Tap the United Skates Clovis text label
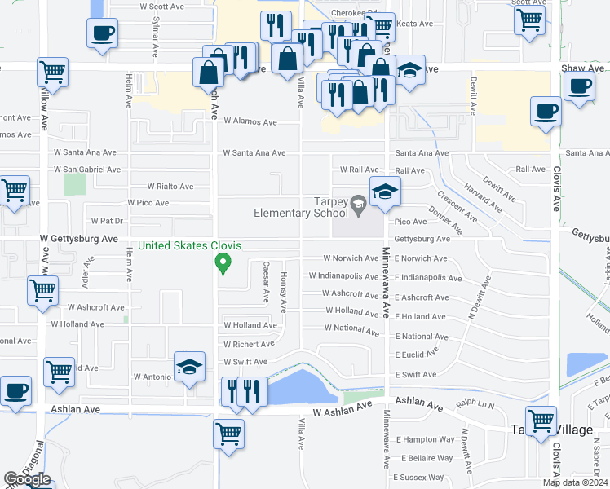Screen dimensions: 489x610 pos(190,245)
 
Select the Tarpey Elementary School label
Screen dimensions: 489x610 pos(301,208)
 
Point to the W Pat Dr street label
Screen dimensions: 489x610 pos(106,221)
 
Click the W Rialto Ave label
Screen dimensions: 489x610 pos(170,186)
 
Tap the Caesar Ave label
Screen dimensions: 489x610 pos(267,281)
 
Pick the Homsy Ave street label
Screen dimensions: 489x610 pos(284,292)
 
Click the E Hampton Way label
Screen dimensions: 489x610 pos(424,439)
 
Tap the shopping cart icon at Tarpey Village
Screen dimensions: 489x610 pos(541,421)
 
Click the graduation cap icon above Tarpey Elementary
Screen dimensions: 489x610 pos(386,192)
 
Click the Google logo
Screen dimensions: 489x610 pos(27,479)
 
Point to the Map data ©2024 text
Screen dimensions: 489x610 pos(575,482)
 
